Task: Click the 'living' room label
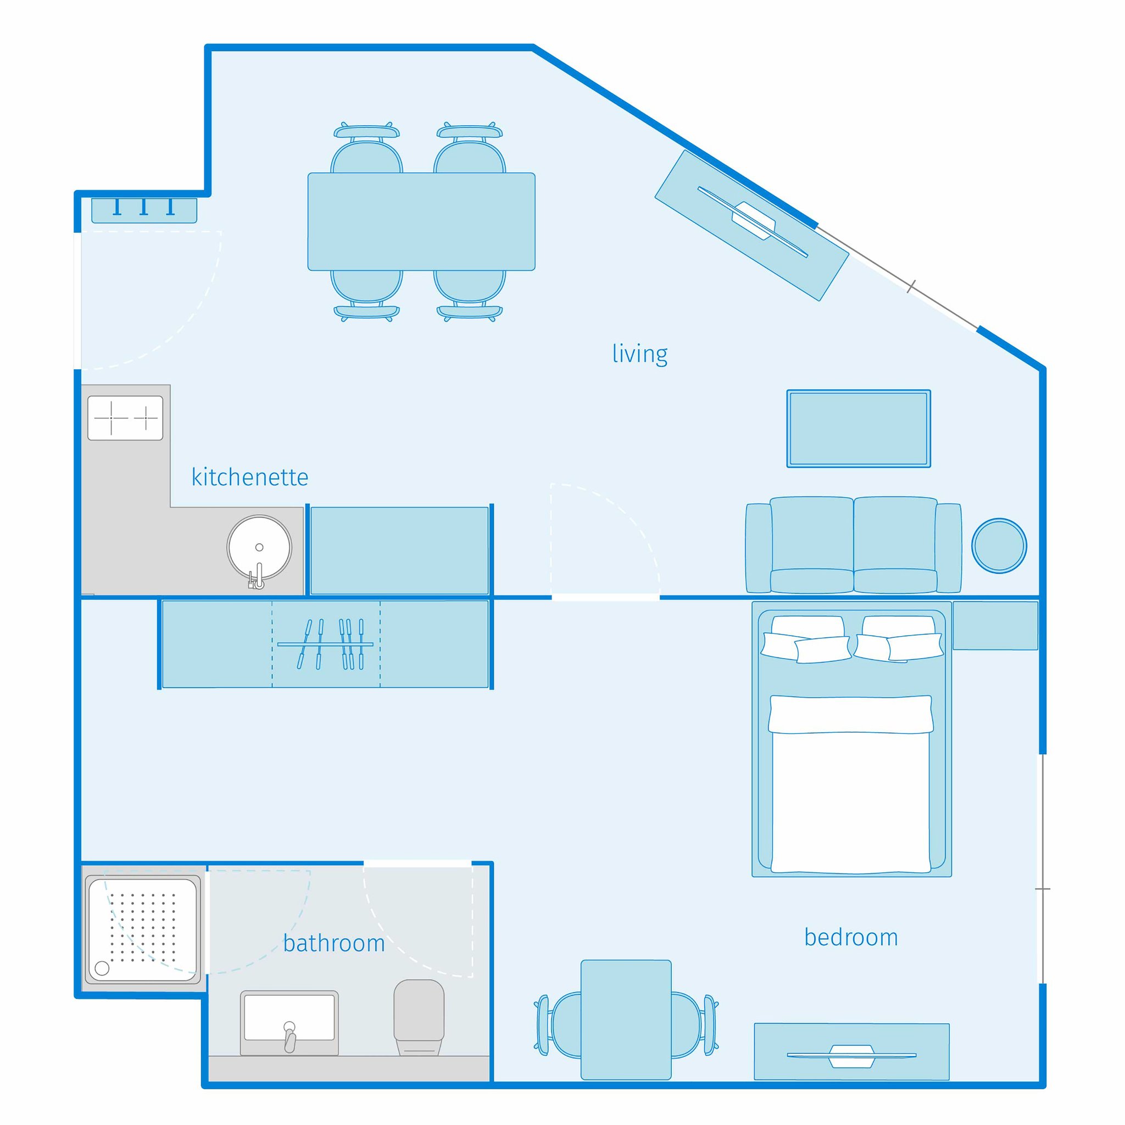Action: tap(639, 354)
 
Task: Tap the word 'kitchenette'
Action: tap(250, 477)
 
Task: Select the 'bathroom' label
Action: tap(333, 943)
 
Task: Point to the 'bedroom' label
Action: tap(851, 938)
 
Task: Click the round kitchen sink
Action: tap(259, 548)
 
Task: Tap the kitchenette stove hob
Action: tap(125, 417)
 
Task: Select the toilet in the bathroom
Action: tap(419, 1016)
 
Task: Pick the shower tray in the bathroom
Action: tap(143, 929)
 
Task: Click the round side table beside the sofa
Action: tap(999, 545)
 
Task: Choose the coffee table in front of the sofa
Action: tap(859, 428)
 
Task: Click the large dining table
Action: tap(421, 221)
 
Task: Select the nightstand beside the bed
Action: tap(995, 625)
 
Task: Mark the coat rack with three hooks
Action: tap(144, 210)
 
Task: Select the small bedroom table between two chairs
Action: tap(626, 1028)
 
